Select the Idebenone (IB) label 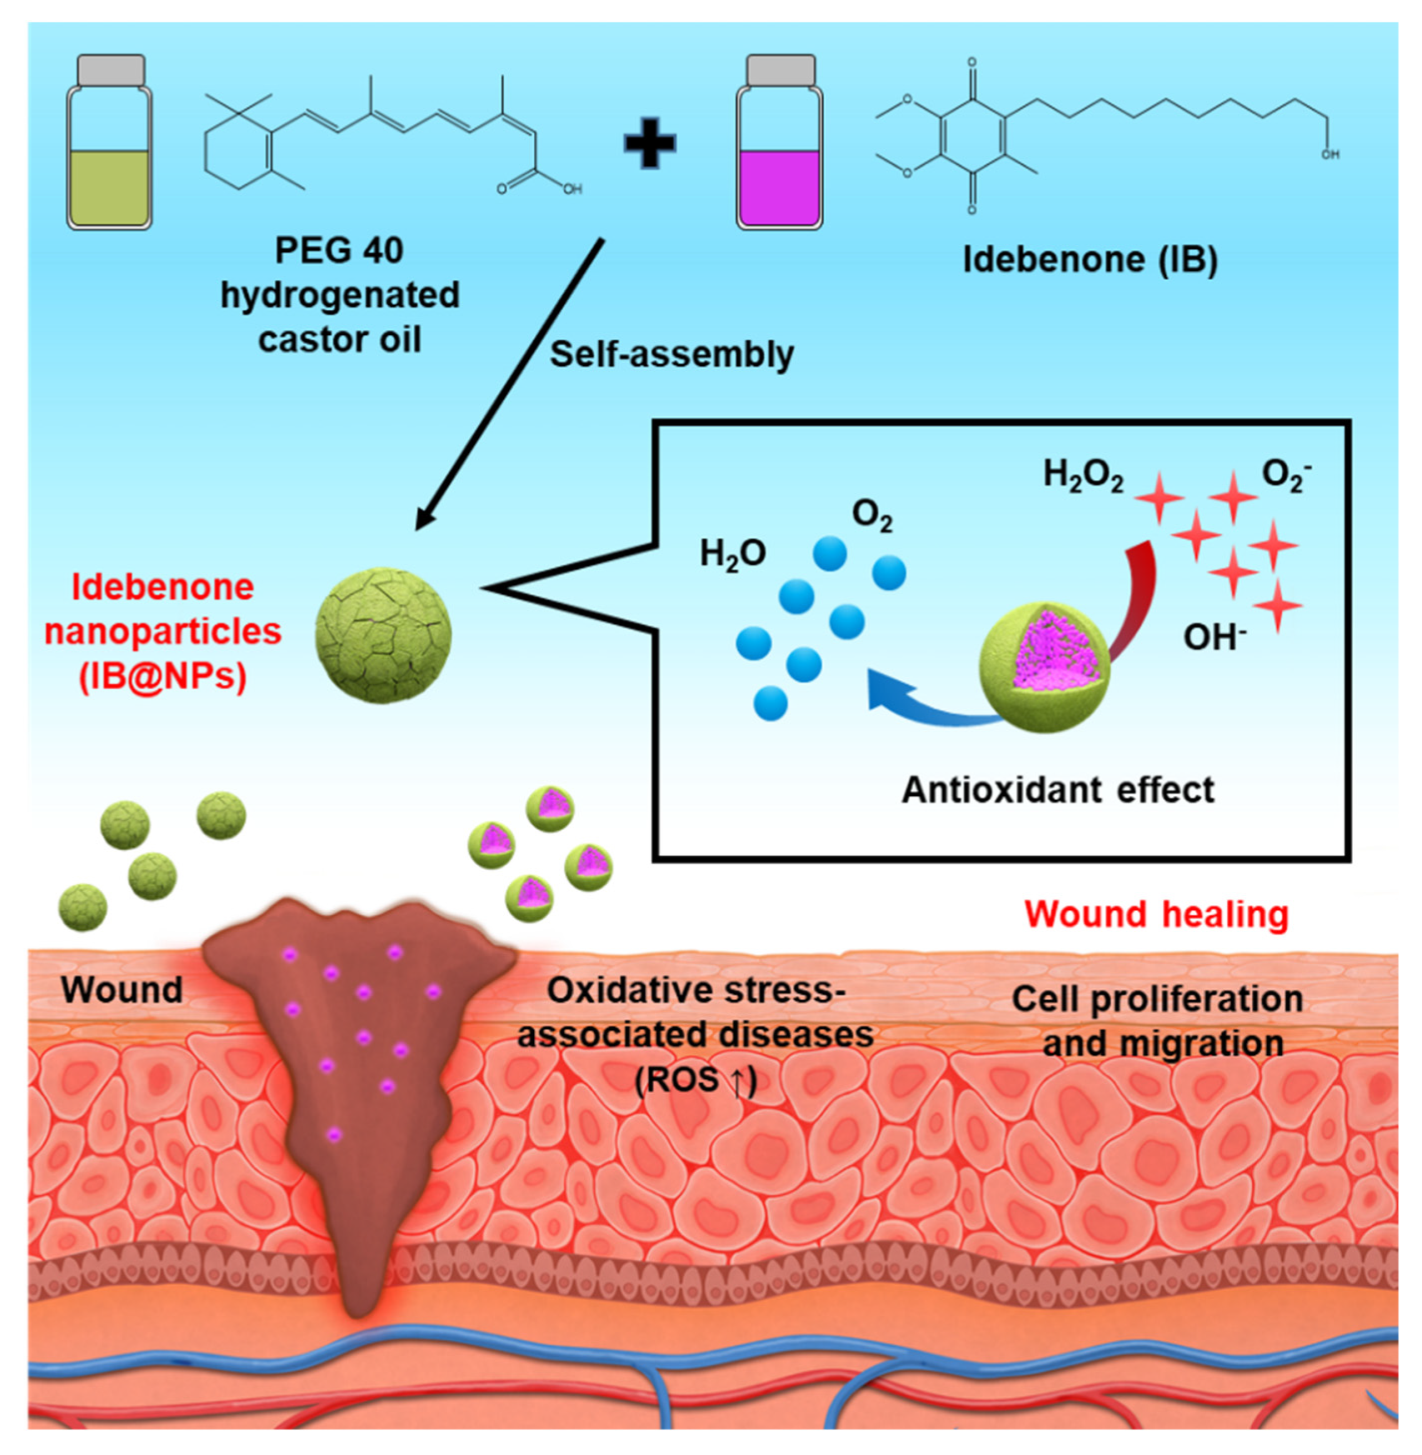(x=1090, y=259)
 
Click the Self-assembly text (x=671, y=354)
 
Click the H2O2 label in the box (x=1082, y=475)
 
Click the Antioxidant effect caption (x=1057, y=790)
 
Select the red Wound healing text (x=1156, y=914)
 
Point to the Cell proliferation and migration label (x=1157, y=1021)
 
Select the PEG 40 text (x=339, y=250)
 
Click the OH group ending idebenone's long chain (x=1329, y=155)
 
